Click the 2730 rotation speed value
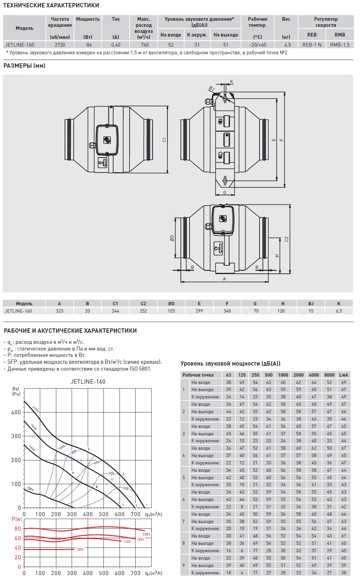pyautogui.click(x=60, y=45)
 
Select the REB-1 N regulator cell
pyautogui.click(x=312, y=45)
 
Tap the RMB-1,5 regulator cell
pyautogui.click(x=340, y=45)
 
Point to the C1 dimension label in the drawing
pyautogui.click(x=164, y=139)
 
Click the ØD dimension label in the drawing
pyautogui.click(x=172, y=238)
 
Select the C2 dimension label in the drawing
pyautogui.click(x=286, y=239)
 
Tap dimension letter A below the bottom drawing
pyautogui.click(x=224, y=279)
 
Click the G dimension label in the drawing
pyautogui.click(x=224, y=192)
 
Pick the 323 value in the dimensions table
pyautogui.click(x=59, y=311)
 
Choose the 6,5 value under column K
pyautogui.click(x=339, y=311)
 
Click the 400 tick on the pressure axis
pyautogui.click(x=16, y=412)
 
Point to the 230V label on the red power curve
pyautogui.click(x=146, y=534)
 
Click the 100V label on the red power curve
pyautogui.click(x=80, y=549)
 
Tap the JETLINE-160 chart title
pyautogui.click(x=88, y=381)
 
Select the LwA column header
pyautogui.click(x=344, y=375)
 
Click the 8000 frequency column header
pyautogui.click(x=329, y=375)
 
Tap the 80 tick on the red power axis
pyautogui.click(x=17, y=528)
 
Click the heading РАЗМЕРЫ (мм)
pyautogui.click(x=24, y=66)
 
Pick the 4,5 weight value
pyautogui.click(x=287, y=45)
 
